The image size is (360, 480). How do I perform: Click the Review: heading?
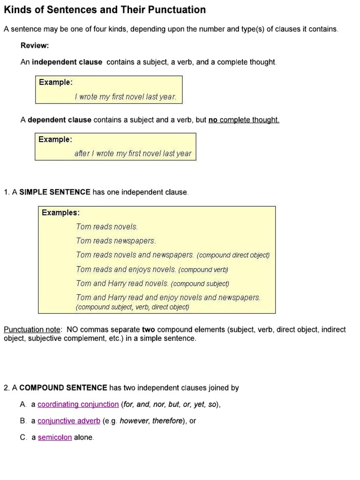tap(35, 45)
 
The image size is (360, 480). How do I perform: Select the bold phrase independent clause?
tap(67, 62)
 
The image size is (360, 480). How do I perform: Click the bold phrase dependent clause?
tap(60, 120)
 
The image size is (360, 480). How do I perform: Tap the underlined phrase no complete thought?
tap(244, 120)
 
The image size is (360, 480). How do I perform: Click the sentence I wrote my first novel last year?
tap(125, 97)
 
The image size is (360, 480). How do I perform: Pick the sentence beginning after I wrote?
tap(133, 153)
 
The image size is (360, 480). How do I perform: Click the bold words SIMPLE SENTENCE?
tap(55, 192)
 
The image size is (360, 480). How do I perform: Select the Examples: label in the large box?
tap(60, 212)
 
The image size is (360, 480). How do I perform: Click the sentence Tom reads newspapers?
tap(116, 240)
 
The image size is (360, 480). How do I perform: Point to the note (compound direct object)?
tap(233, 255)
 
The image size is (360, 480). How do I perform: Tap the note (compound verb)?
tap(203, 270)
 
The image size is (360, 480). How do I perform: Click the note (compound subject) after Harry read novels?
tap(200, 284)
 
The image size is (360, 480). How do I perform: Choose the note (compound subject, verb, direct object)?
tap(132, 307)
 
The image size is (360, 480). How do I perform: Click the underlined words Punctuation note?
tap(33, 330)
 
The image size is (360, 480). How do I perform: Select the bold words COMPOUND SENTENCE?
tap(64, 388)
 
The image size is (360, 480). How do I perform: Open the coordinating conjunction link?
tap(78, 404)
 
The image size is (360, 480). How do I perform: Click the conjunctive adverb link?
tap(69, 420)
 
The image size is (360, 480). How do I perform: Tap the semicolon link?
tap(55, 437)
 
